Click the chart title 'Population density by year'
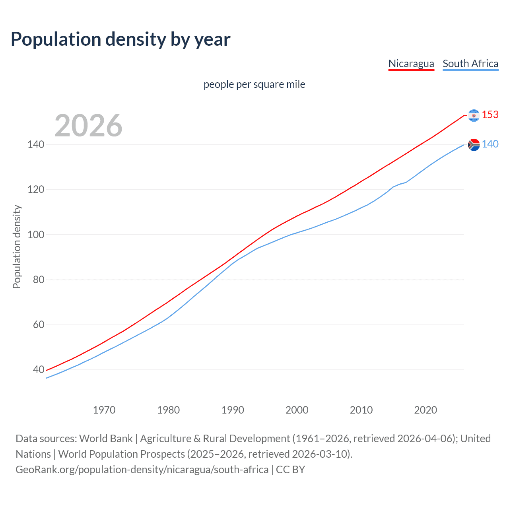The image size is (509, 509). point(120,39)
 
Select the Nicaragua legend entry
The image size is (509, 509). point(411,64)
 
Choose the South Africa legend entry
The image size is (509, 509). point(470,64)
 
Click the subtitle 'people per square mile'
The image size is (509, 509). point(254,84)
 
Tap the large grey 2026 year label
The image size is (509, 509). point(88,126)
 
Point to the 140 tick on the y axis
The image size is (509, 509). point(36,144)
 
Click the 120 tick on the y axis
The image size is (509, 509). point(36,189)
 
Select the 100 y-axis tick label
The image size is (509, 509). point(36,235)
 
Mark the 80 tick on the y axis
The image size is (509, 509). point(39,280)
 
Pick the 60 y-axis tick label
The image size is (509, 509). point(39,324)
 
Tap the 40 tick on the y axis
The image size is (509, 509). point(39,369)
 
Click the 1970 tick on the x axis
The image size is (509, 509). point(104,410)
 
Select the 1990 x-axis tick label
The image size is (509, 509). point(233,410)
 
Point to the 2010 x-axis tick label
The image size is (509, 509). point(361,410)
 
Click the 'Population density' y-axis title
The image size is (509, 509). point(17,247)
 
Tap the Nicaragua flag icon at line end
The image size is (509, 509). point(474,115)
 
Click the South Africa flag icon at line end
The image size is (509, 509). point(474,145)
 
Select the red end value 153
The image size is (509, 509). point(490,115)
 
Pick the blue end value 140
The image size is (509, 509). point(490,144)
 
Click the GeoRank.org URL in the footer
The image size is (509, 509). point(142,470)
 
